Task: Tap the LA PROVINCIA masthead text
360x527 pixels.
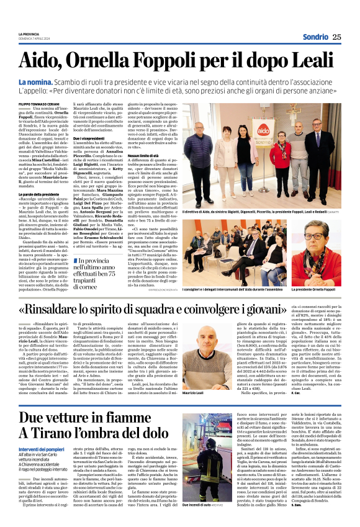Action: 29,32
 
